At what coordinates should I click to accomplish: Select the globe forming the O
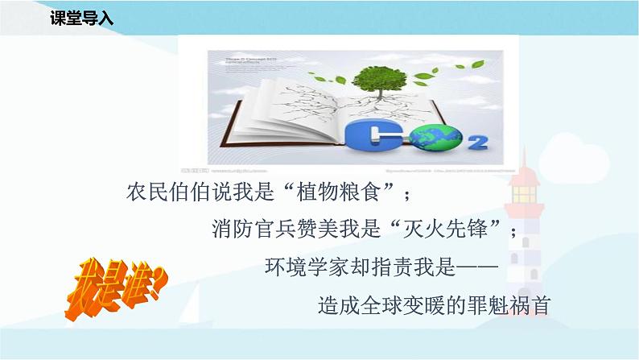point(444,139)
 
